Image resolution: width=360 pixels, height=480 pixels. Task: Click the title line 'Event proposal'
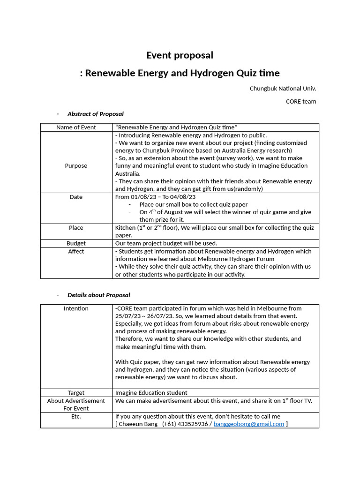(x=180, y=55)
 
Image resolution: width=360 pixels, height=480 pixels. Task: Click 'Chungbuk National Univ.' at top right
(x=283, y=88)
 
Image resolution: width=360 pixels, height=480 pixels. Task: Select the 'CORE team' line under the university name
(x=301, y=101)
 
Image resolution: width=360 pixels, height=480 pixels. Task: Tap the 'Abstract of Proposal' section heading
(x=95, y=114)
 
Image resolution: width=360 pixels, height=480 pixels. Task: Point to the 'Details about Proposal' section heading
(x=98, y=295)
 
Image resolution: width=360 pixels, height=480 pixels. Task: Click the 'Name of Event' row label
(x=76, y=127)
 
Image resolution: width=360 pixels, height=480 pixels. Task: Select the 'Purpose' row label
(x=76, y=166)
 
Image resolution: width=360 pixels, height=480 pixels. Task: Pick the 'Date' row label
(x=76, y=197)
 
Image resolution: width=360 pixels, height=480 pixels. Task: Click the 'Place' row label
(x=76, y=228)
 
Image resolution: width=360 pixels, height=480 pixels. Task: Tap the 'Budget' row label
(x=76, y=243)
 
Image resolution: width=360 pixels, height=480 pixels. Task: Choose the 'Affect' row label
(x=76, y=251)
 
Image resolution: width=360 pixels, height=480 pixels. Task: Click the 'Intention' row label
(x=76, y=308)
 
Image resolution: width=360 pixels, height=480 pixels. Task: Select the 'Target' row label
(x=76, y=393)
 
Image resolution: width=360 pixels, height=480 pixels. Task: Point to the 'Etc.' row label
(x=76, y=416)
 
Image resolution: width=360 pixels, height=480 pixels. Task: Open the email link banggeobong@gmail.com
(x=249, y=424)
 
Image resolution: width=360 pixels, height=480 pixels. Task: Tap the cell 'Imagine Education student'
(x=151, y=393)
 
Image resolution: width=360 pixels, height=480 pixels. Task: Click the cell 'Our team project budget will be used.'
(x=166, y=243)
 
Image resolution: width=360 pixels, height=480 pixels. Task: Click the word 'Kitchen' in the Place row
(x=125, y=228)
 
